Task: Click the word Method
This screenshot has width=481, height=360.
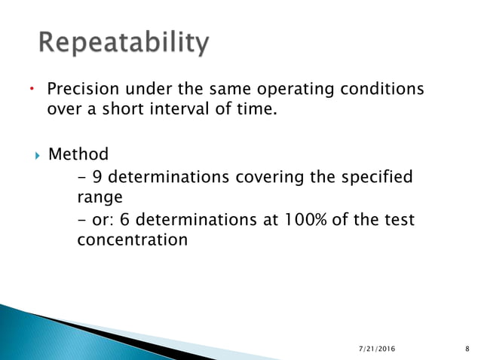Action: pyautogui.click(x=78, y=154)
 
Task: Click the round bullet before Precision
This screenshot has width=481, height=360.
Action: pyautogui.click(x=31, y=90)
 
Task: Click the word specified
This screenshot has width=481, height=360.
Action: pyautogui.click(x=377, y=177)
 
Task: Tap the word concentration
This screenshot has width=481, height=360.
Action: pyautogui.click(x=132, y=240)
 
